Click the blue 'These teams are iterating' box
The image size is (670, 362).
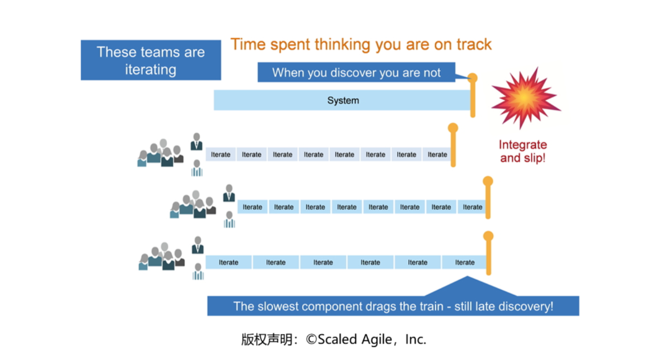pos(151,60)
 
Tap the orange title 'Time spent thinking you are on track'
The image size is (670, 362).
pos(361,45)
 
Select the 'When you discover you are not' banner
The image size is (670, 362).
pos(356,72)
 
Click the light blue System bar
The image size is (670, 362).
pos(342,100)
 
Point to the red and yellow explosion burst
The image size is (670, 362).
pos(525,97)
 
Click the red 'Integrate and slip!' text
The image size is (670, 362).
pos(522,152)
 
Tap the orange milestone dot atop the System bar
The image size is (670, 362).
pos(472,78)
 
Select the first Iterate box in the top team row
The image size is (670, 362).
pos(220,155)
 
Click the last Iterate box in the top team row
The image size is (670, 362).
pos(437,155)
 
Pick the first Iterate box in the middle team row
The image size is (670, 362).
pos(252,207)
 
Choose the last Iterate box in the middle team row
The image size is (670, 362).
pos(472,207)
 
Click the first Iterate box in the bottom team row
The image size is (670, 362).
pos(228,262)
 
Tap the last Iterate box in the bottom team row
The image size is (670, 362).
pos(465,262)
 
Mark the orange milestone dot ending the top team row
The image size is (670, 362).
pos(453,128)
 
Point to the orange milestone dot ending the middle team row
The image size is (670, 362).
pos(488,181)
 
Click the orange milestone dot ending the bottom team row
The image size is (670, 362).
pos(488,236)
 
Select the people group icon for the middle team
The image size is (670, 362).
pos(193,204)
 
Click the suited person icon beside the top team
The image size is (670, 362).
pos(197,142)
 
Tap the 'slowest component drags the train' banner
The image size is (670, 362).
pos(393,305)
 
